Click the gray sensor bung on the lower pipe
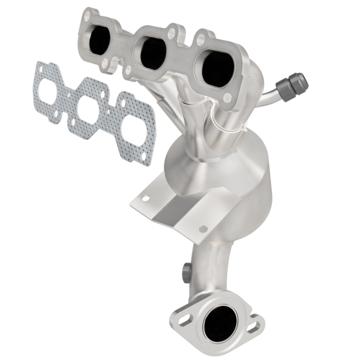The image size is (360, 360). coord(185,270)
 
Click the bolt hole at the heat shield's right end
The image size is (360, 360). coord(203,229)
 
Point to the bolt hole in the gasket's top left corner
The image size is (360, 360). coord(40,68)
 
